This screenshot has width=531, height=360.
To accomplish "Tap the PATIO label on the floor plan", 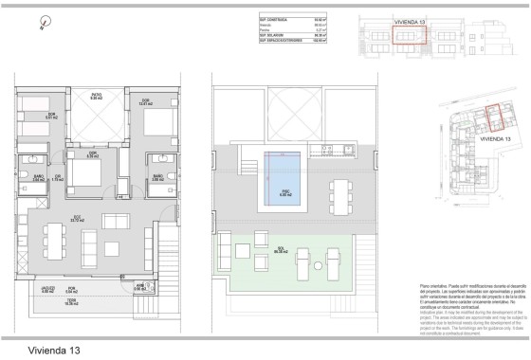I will [96, 96].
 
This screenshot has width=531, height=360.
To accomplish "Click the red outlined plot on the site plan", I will [493, 120].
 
